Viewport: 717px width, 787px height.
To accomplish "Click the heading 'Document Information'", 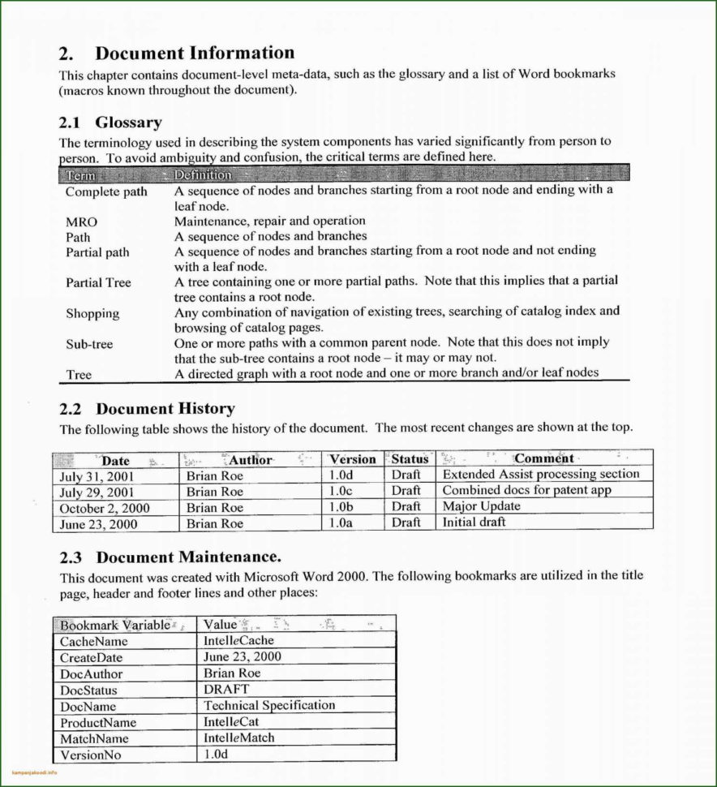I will coord(195,54).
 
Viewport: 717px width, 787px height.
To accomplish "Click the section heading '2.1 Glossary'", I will coord(110,123).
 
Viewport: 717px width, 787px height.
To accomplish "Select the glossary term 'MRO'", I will coord(81,221).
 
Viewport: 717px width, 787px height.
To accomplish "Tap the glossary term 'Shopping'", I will coord(92,313).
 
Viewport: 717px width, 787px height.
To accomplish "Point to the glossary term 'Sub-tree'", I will coord(89,344).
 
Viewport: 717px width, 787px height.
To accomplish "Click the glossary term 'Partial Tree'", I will coord(98,282).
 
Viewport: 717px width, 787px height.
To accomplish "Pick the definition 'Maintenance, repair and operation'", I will coord(269,221).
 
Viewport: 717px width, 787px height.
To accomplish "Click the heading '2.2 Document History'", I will coord(147,409).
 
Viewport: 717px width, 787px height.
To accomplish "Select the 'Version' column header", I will coord(352,459).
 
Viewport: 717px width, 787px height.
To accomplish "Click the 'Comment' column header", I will coord(544,459).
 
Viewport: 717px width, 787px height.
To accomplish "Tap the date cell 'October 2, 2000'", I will coord(105,508).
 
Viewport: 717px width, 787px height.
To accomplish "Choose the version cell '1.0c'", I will coord(341,491).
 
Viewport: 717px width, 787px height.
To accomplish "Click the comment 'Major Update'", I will coord(482,506).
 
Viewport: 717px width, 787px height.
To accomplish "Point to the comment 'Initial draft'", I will coord(474,523).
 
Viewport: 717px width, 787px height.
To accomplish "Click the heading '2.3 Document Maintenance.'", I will coord(170,557).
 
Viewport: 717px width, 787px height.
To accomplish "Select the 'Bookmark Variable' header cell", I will coord(115,625).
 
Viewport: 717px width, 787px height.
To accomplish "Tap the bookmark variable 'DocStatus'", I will coord(88,690).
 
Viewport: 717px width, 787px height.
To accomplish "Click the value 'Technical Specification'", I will coord(269,706).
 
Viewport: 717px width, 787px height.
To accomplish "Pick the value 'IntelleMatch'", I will coord(239,738).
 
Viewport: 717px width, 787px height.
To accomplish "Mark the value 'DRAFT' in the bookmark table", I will coord(226,690).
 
